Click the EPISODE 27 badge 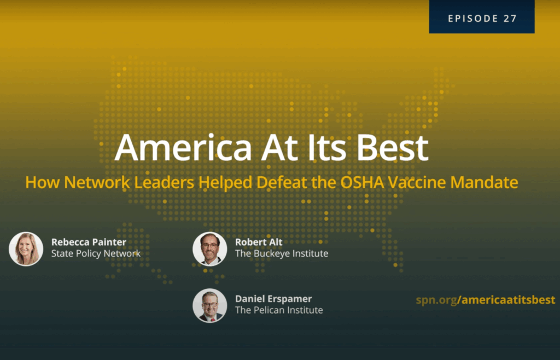[x=482, y=16]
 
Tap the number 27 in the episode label [x=510, y=19]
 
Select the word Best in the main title [x=393, y=148]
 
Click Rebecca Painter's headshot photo [x=26, y=249]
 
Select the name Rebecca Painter [x=89, y=242]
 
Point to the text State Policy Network [x=96, y=253]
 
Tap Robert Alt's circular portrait [x=209, y=249]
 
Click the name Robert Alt [x=259, y=242]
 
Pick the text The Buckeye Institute [x=282, y=253]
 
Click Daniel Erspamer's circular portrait [x=209, y=305]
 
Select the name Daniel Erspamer [x=273, y=299]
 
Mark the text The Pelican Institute [x=279, y=310]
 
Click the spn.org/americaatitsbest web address [x=486, y=300]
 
